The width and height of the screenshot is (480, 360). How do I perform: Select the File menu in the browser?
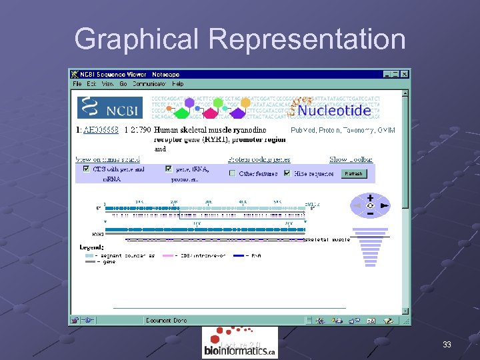pyautogui.click(x=77, y=84)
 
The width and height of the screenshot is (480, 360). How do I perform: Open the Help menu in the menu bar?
pyautogui.click(x=177, y=84)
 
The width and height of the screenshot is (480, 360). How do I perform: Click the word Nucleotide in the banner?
pyautogui.click(x=334, y=110)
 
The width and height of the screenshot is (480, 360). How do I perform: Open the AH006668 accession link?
pyautogui.click(x=101, y=130)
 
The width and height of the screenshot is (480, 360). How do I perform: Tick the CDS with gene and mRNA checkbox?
pyautogui.click(x=86, y=169)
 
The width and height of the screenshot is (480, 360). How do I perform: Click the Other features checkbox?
pyautogui.click(x=232, y=173)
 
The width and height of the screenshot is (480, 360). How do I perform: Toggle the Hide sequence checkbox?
pyautogui.click(x=287, y=173)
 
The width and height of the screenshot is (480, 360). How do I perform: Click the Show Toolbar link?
pyautogui.click(x=351, y=159)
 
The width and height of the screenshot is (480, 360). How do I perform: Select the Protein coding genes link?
pyautogui.click(x=258, y=159)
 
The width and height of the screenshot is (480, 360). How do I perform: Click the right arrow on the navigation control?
pyautogui.click(x=384, y=206)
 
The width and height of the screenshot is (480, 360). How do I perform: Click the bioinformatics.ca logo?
pyautogui.click(x=239, y=343)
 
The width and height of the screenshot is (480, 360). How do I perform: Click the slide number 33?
pyautogui.click(x=447, y=345)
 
